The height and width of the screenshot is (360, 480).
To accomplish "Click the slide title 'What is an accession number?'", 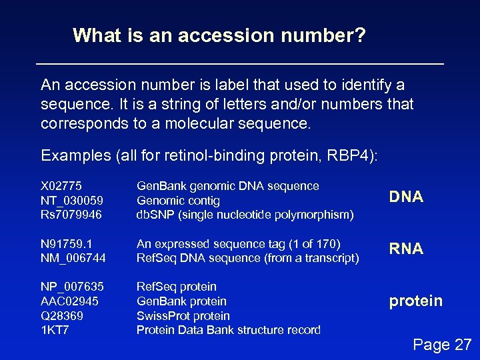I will [x=219, y=35].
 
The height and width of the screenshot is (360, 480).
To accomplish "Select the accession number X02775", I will [x=61, y=186].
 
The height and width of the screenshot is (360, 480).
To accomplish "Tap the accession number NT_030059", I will [x=72, y=201].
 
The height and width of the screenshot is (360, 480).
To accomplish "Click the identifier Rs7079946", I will [x=71, y=215].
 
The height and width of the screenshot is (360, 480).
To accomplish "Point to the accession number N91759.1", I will [x=67, y=244].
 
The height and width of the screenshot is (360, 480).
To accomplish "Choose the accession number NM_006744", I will [x=73, y=258].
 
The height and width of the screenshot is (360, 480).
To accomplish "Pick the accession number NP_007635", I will [x=72, y=287].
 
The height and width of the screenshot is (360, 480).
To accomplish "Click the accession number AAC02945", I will [x=69, y=301].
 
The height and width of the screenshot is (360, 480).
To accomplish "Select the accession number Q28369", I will [x=62, y=316].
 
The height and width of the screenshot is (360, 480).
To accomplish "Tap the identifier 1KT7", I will [x=55, y=330].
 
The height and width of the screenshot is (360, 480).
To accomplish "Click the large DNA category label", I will [x=406, y=197].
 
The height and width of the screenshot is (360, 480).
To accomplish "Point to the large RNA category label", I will [x=406, y=249].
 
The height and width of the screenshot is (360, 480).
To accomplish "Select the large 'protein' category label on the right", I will [x=415, y=301].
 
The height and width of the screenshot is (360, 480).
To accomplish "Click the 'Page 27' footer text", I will [x=442, y=345].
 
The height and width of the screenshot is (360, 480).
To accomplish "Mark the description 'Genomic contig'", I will [x=178, y=201].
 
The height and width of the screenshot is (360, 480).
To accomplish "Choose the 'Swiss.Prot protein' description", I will [x=183, y=316].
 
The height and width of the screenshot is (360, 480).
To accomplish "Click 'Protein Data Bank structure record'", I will [x=228, y=330].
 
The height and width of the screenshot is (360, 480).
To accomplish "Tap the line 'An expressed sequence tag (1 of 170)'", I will [x=238, y=244].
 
